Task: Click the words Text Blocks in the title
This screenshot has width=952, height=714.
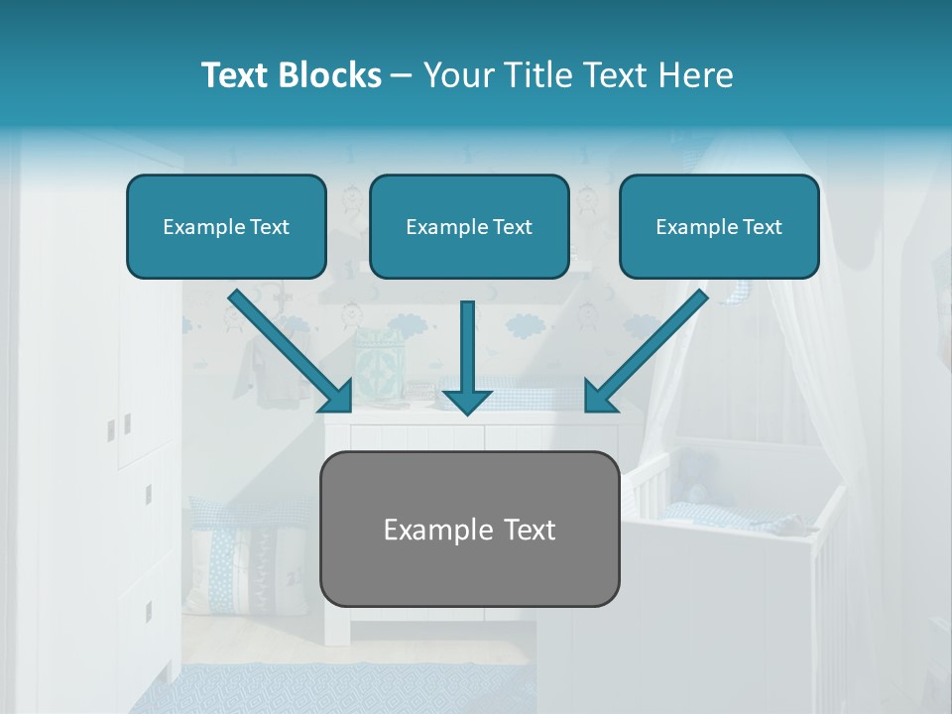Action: [x=291, y=75]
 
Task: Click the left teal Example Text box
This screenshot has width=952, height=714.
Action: [x=226, y=226]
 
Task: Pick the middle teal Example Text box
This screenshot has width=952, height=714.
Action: [x=469, y=226]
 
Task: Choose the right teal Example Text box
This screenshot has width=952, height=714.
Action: [x=719, y=226]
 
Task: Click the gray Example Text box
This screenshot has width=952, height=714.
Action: [x=470, y=529]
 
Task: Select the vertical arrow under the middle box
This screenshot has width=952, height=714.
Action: [x=468, y=347]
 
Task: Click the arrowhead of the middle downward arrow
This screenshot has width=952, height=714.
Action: [x=468, y=399]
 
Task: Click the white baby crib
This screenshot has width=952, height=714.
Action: [x=734, y=535]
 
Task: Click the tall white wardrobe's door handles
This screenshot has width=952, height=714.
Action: [x=118, y=427]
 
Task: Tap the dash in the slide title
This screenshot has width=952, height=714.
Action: [x=402, y=75]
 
